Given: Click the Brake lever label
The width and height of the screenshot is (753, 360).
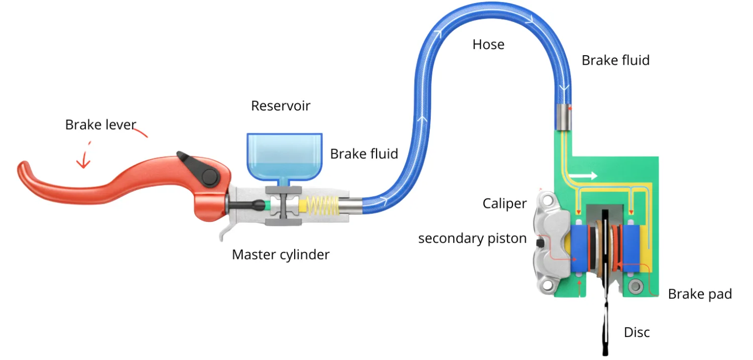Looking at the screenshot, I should point(100,125).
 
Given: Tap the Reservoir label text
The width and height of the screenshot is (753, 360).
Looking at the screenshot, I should point(281,106).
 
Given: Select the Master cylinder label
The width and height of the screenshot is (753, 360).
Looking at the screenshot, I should point(281,254).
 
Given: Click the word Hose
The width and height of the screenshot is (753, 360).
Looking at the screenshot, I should point(488,45).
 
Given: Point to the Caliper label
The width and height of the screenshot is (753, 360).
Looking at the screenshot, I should point(505,203).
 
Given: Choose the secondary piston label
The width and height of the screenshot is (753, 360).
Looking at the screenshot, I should point(472,238).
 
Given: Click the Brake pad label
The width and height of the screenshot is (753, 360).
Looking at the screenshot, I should point(700,294).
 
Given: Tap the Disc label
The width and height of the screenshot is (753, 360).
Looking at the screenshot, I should point(637,332).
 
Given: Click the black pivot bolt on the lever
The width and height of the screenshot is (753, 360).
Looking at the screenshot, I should point(209,176).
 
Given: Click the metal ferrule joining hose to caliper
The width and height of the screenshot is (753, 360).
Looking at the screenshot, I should point(565,116).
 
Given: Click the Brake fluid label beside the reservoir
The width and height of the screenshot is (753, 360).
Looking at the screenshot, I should point(364,154).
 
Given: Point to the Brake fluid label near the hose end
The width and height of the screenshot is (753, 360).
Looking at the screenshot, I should point(615,60).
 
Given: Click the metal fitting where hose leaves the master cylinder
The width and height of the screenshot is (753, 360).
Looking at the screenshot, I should point(351,205).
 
